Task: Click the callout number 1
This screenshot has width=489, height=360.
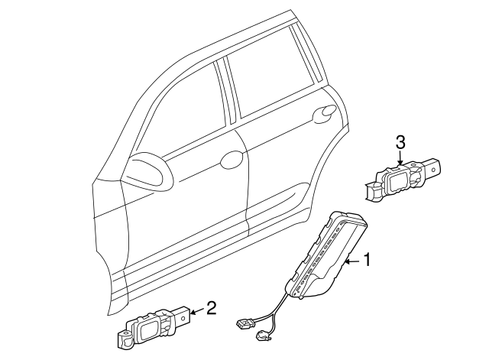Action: pyautogui.click(x=366, y=261)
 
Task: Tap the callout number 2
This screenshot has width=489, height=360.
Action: pyautogui.click(x=212, y=309)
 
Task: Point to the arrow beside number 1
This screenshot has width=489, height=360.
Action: pyautogui.click(x=352, y=261)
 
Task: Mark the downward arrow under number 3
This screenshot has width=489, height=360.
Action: pyautogui.click(x=400, y=158)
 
